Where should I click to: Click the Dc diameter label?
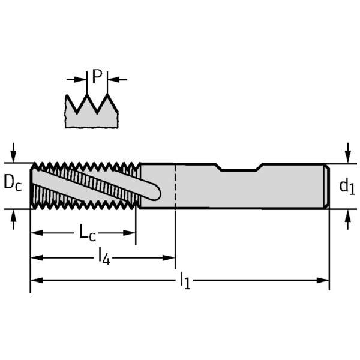[13, 184]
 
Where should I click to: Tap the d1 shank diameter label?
[347, 187]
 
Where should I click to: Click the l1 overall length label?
[186, 281]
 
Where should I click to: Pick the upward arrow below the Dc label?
[13, 220]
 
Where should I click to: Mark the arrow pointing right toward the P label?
[76, 79]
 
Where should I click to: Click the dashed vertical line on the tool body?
[175, 186]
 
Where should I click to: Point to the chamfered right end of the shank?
[328, 186]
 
